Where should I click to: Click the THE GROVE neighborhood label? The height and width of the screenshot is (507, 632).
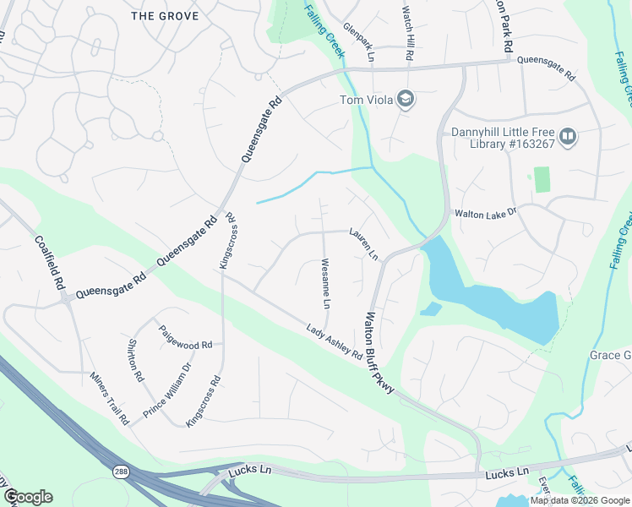(x=165, y=16)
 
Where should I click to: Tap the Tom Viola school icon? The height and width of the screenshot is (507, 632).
(x=406, y=101)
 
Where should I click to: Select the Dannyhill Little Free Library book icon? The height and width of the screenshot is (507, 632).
(x=569, y=136)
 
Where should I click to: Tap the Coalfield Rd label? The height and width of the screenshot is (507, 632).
(x=50, y=262)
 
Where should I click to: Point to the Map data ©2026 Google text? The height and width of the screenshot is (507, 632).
(x=579, y=500)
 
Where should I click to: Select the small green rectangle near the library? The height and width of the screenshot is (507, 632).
(x=542, y=179)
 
